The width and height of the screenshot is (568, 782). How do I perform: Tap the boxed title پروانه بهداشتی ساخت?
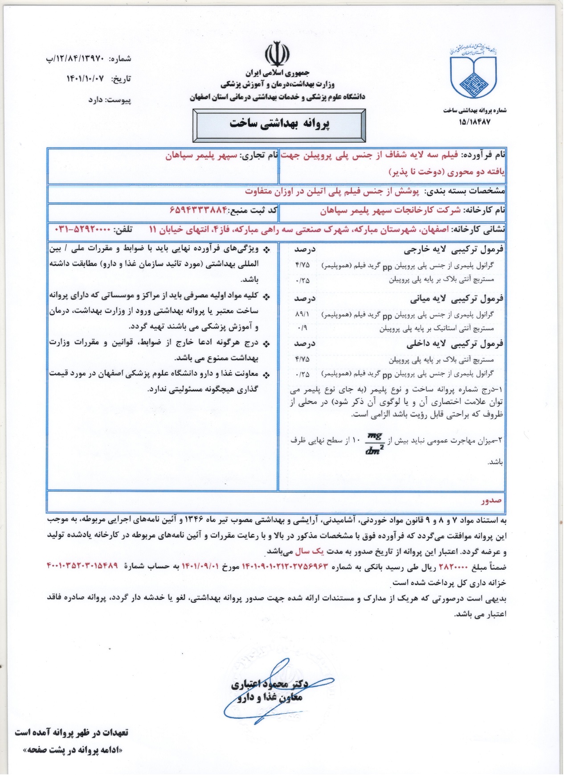pos(279,124)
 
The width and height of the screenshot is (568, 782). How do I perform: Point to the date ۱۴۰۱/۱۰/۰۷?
pos(85,78)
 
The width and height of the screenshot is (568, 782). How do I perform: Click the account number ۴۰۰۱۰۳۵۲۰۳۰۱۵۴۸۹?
pos(82,566)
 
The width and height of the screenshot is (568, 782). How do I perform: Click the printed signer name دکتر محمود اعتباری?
pos(270,684)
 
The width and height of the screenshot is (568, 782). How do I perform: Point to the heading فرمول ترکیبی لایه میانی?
pos(457,299)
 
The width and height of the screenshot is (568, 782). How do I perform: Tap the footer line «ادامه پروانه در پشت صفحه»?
pos(73,750)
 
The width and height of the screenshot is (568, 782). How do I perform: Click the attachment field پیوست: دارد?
pos(110,100)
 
